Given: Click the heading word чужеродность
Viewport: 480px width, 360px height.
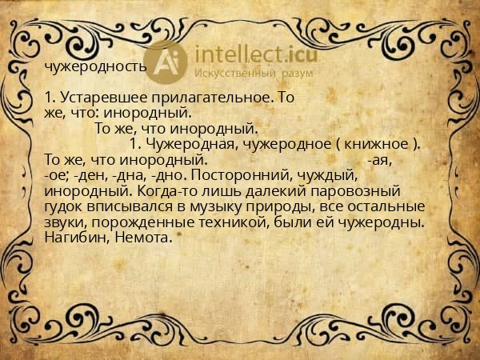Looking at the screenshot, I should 95,66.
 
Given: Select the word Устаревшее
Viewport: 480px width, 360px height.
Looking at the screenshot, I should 98,98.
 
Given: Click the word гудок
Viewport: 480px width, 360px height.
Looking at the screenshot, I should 65,207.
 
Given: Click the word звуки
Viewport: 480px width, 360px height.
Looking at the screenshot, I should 65,222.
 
